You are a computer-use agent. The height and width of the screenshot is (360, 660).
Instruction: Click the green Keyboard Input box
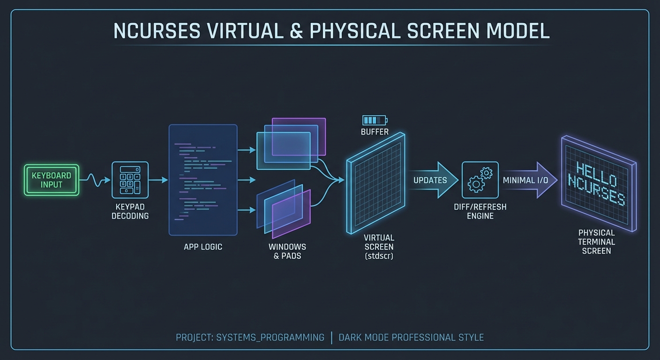[x=52, y=180]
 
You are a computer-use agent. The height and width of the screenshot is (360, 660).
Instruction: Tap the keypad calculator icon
[x=130, y=180]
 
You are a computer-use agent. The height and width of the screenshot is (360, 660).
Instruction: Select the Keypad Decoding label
[x=130, y=211]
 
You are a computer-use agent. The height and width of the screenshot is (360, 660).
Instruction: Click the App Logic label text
[x=203, y=247]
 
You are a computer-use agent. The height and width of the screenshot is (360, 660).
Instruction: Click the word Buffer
[x=375, y=132]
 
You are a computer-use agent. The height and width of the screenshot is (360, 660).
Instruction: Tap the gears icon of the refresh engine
[x=480, y=180]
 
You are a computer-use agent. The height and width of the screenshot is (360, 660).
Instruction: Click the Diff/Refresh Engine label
[x=480, y=211]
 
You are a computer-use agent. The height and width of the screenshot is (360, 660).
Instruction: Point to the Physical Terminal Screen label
[x=596, y=242]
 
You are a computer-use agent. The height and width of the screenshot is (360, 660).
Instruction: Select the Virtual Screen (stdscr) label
[x=379, y=247]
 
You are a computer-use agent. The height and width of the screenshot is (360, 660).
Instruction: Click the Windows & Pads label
[x=287, y=251]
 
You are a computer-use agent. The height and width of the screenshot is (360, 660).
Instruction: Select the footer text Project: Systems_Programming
[x=250, y=337]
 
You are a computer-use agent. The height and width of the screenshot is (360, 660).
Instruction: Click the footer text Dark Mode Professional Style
[x=411, y=337]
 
